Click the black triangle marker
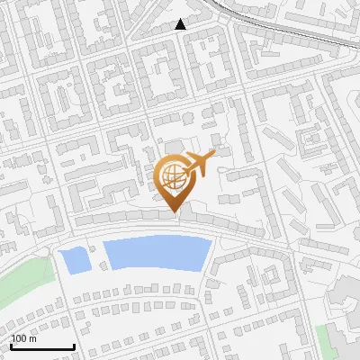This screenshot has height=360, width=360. coord(180,25)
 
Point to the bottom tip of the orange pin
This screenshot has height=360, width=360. coord(173,212)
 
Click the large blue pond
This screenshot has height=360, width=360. coord(153,253)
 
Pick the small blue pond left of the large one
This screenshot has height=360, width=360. coord(74,261)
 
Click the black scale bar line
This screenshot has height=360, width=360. coord(42,346)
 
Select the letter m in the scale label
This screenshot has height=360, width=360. coord(32,338)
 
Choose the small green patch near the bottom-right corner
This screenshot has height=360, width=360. coord(323,339)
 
